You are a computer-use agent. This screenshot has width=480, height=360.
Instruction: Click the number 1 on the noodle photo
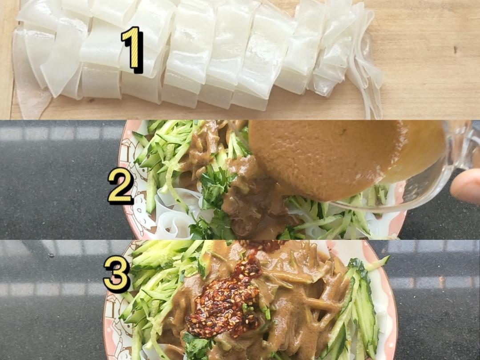132,49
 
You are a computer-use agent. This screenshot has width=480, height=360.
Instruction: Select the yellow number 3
116,274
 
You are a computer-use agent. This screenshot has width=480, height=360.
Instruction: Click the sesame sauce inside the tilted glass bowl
320,156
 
